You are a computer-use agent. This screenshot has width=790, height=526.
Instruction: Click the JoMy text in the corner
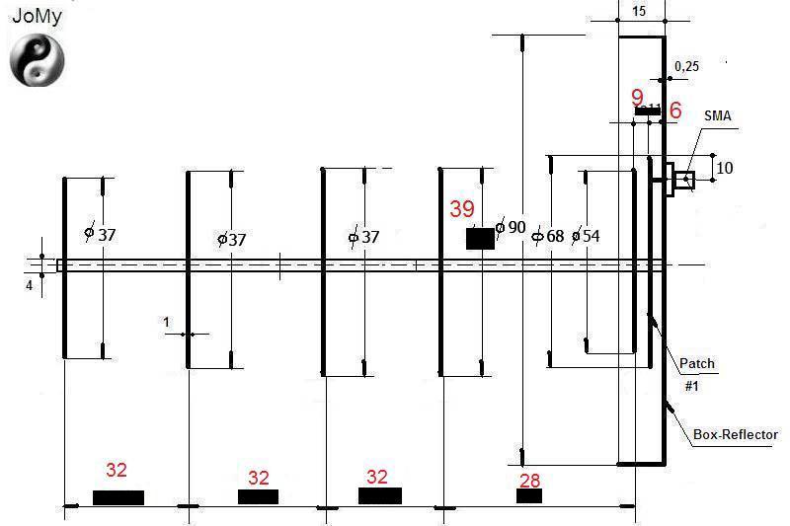[x=37, y=16]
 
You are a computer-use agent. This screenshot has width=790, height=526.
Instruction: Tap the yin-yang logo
[x=38, y=60]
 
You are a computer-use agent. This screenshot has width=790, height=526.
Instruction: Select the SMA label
[x=718, y=115]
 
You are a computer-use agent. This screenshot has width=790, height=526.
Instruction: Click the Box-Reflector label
[x=736, y=434]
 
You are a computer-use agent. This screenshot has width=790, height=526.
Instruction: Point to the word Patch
[x=697, y=363]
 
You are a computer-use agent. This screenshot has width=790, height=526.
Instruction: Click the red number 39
[x=462, y=209]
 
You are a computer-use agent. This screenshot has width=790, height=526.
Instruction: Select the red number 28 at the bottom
[x=529, y=481]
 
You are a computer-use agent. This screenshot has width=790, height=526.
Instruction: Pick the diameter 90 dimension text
[x=511, y=228]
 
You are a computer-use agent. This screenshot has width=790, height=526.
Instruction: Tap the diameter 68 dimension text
[x=549, y=236]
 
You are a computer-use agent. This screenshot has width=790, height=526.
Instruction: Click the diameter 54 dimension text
[x=586, y=236]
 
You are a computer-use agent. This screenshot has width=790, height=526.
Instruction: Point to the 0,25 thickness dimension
[x=686, y=66]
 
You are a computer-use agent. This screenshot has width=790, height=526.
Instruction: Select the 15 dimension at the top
[x=638, y=11]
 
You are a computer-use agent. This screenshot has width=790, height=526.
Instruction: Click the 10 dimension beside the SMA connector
[x=725, y=168]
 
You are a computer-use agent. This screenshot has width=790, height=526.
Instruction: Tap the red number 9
[x=637, y=98]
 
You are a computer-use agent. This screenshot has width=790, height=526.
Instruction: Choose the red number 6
[x=675, y=110]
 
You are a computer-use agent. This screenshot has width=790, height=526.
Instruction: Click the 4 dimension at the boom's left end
[x=30, y=285]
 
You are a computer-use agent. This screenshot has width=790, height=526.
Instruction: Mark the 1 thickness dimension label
[x=166, y=322]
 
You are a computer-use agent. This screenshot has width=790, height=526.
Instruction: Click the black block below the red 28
[x=529, y=495]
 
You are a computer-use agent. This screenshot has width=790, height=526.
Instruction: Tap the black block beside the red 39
[x=480, y=239]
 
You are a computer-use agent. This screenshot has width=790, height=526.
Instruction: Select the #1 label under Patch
[x=691, y=386]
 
